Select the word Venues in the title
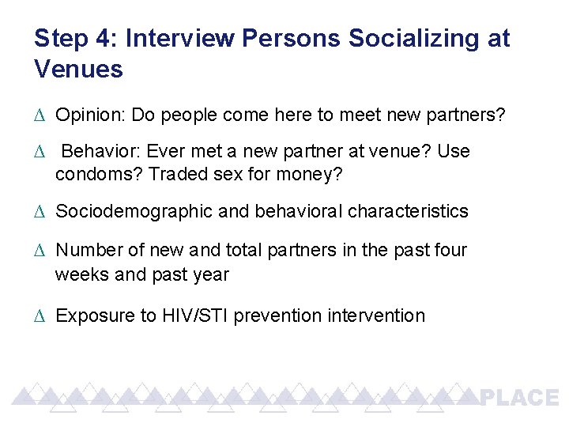click(x=79, y=70)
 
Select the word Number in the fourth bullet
click(x=85, y=251)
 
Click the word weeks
click(x=79, y=275)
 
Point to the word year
click(x=211, y=275)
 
